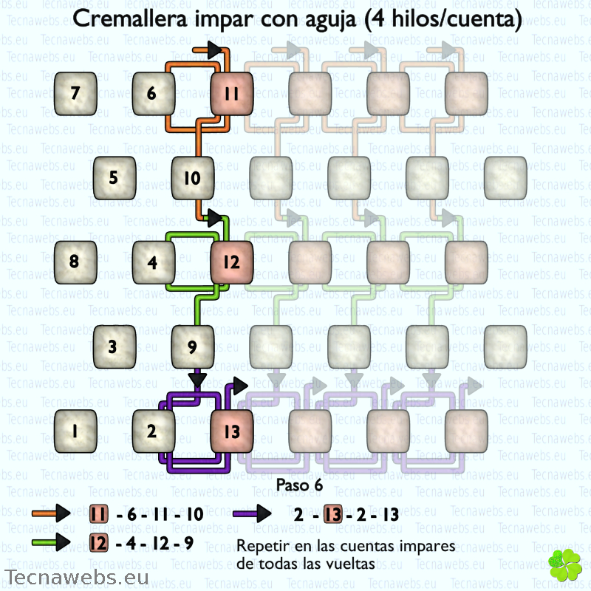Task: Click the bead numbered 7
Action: pos(75,94)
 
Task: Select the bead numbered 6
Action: pos(154,94)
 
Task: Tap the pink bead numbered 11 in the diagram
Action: pos(232,94)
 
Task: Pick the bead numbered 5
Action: pos(115,178)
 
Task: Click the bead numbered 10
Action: pos(193,178)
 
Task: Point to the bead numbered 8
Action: pos(75,262)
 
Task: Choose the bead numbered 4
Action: pos(154,262)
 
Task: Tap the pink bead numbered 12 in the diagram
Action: pos(232,262)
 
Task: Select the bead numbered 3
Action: pos(115,346)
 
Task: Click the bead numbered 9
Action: pos(193,346)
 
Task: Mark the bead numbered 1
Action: pos(75,431)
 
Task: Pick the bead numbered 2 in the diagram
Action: pos(154,431)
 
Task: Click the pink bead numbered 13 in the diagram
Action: pos(232,431)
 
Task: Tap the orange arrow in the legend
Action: pos(51,513)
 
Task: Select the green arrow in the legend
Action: pos(51,542)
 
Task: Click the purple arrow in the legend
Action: pos(252,513)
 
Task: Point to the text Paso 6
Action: pos(299,485)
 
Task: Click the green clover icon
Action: pos(565,564)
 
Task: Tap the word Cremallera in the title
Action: pos(130,18)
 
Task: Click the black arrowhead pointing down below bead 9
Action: pos(197,380)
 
